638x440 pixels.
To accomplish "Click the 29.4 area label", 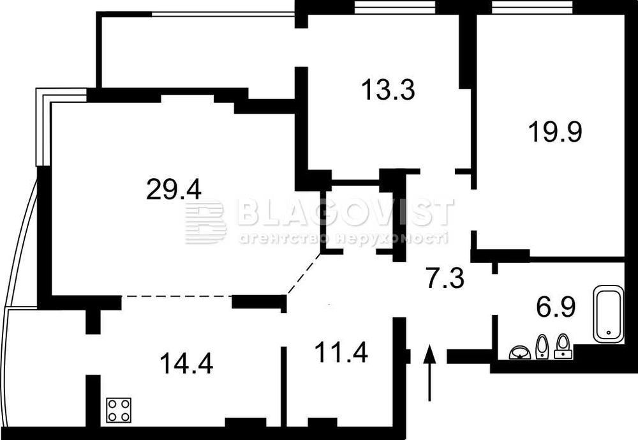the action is click(174, 190).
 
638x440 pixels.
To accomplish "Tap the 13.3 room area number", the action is click(388, 90).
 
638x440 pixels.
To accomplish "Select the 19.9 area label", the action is click(555, 132).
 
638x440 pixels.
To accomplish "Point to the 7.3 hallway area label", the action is click(445, 278).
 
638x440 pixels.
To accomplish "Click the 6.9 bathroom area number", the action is click(556, 307).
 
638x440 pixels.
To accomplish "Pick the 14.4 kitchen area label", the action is click(186, 363).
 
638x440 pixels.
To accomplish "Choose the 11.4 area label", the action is click(341, 353).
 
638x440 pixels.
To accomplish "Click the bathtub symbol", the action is click(608, 314).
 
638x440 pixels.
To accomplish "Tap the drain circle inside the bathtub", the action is click(608, 333).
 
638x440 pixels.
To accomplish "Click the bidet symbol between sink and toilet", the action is click(542, 347).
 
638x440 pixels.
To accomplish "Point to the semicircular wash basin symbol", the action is click(520, 353).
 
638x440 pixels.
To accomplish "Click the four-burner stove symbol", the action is click(119, 410).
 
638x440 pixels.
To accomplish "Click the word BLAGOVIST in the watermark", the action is click(345, 212).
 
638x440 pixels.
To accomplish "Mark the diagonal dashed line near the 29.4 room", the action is click(304, 273).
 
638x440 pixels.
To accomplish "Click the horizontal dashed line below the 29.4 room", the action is click(177, 296).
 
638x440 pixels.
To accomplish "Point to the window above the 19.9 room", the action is click(532, 6).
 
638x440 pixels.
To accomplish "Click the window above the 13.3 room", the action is click(395, 6).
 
